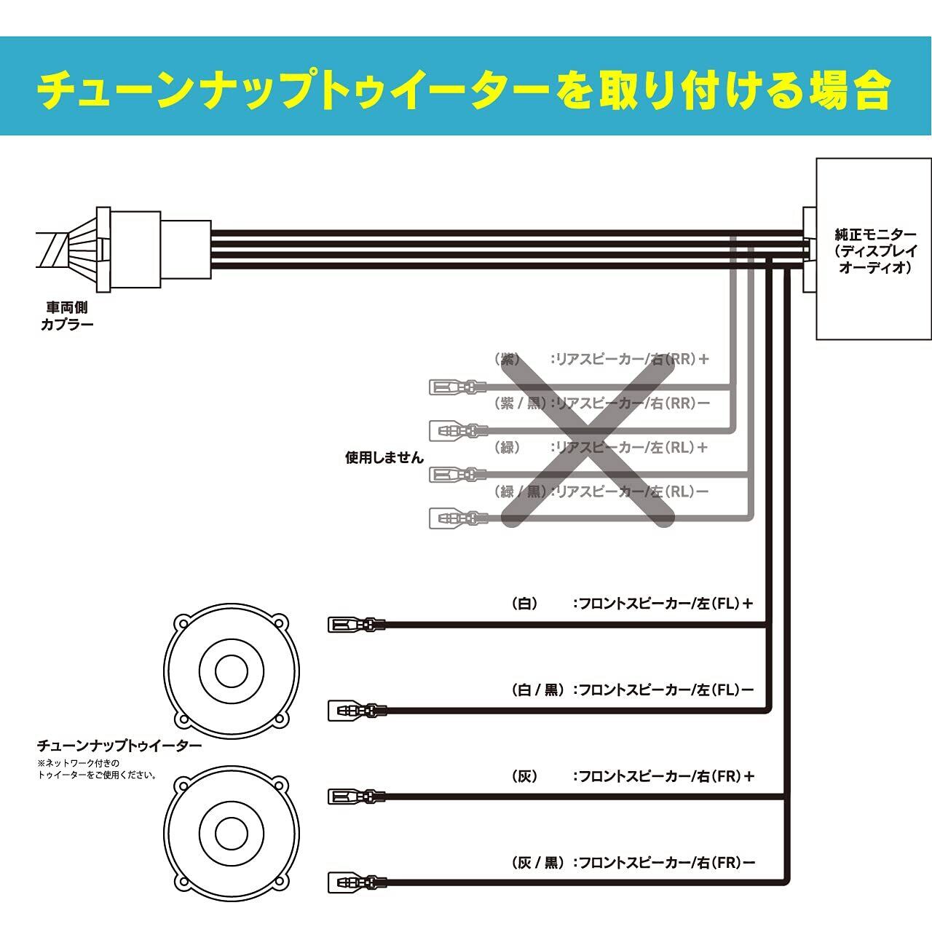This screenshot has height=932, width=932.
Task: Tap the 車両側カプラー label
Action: point(67,316)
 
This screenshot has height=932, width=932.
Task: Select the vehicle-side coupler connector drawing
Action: point(124,248)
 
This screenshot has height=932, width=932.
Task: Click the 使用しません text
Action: point(384,458)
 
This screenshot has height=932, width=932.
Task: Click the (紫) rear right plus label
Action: point(601,359)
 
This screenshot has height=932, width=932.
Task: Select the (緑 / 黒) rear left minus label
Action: point(601,491)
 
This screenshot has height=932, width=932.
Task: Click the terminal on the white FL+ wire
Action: point(356,624)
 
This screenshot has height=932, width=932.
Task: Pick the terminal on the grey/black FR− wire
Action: point(356,883)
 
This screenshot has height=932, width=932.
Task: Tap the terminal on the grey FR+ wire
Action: point(356,797)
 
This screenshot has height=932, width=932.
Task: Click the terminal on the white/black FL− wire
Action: point(356,710)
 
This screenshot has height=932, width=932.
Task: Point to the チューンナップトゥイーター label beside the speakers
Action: point(119,746)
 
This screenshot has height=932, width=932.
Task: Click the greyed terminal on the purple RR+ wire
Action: point(457,387)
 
